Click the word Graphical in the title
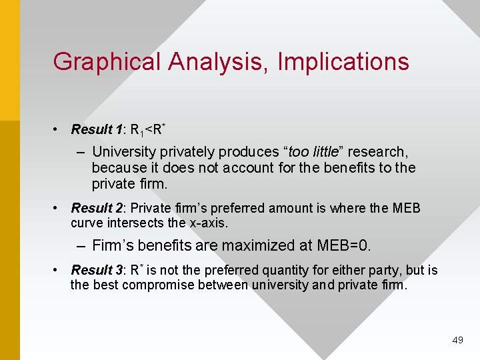click(x=107, y=62)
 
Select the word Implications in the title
click(x=343, y=62)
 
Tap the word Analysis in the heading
click(x=220, y=62)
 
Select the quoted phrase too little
click(x=315, y=152)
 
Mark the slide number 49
click(x=457, y=340)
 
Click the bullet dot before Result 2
click(x=59, y=209)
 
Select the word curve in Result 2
click(x=85, y=223)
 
